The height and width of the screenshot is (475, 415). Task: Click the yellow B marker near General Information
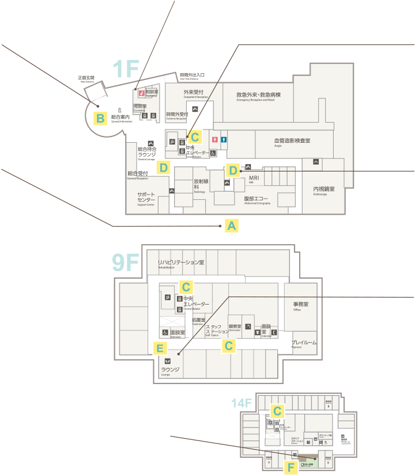pos(100,119)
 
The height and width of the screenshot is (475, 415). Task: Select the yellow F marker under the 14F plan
pos(292,467)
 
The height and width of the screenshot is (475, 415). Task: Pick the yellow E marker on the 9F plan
pos(161,348)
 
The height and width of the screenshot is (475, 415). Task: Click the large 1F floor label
pos(126,69)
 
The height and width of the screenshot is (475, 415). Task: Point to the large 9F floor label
pos(126,263)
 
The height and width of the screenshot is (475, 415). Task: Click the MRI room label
pos(255,179)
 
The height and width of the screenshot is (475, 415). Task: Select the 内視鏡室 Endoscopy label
pos(324,190)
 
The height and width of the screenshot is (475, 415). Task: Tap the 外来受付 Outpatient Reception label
pos(194,93)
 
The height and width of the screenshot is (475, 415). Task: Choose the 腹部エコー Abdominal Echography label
pos(256,199)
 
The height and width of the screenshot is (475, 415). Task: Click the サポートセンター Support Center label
pos(146,197)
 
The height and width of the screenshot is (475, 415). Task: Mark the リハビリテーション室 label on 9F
pos(181,263)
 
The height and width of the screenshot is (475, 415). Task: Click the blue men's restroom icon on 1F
pos(224,139)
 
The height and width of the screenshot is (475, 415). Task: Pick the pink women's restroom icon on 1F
pos(214,139)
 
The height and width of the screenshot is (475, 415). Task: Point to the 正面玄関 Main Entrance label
pos(86,78)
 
